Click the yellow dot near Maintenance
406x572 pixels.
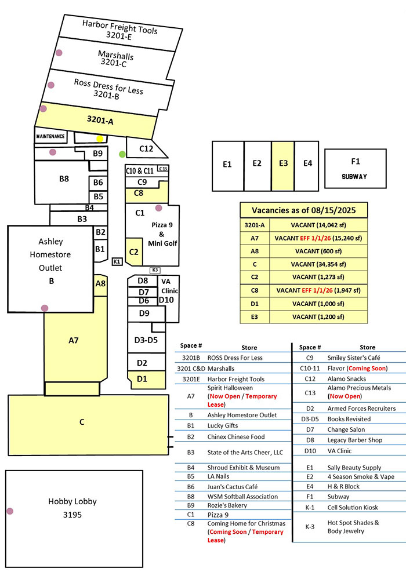[x=100, y=139]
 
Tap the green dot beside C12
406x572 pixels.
[x=122, y=154]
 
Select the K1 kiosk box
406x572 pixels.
[x=117, y=261]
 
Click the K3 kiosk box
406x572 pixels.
[x=155, y=270]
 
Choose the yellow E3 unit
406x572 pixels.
[x=283, y=165]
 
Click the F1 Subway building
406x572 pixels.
[x=354, y=168]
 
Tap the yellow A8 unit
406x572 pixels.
[x=101, y=285]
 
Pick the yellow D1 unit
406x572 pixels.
[x=142, y=380]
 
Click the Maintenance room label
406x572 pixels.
[x=51, y=137]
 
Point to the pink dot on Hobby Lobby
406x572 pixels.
[x=10, y=511]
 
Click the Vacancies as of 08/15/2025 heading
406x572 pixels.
[x=303, y=210]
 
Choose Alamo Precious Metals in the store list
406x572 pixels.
[x=359, y=388]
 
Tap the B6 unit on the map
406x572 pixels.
[x=99, y=183]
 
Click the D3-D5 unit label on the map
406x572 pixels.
[x=146, y=339]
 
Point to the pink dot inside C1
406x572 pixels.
[x=158, y=207]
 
